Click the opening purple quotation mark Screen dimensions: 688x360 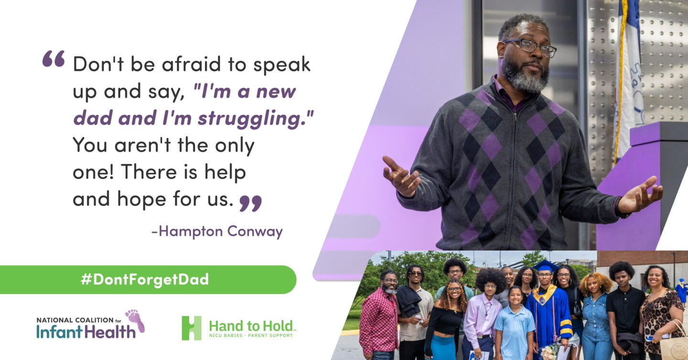pos(54,58)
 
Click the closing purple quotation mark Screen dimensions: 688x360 pos(251,203)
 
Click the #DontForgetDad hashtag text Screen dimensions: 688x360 pos(145,279)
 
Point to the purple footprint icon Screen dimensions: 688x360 pos(135,320)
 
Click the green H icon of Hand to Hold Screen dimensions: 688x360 pos(192,328)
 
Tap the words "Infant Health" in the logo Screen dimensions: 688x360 pos(86,332)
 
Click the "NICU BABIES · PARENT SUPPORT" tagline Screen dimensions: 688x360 pos(251,336)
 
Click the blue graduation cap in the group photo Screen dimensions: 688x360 pos(546,266)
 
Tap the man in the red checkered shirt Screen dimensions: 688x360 pos(379,316)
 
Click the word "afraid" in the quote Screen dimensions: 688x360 pos(191,64)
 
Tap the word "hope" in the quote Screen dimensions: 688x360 pos(141,200)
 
